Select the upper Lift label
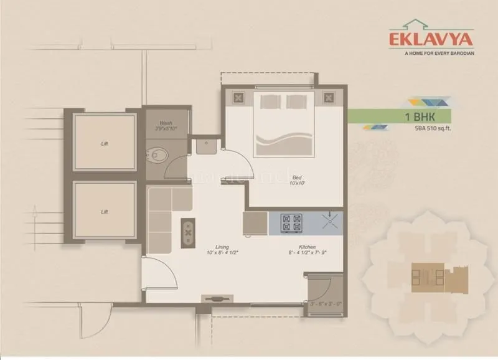(x=104, y=143)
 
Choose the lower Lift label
(x=104, y=212)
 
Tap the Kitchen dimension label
(x=307, y=250)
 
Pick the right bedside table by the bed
(x=327, y=97)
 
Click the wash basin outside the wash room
(x=205, y=146)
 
